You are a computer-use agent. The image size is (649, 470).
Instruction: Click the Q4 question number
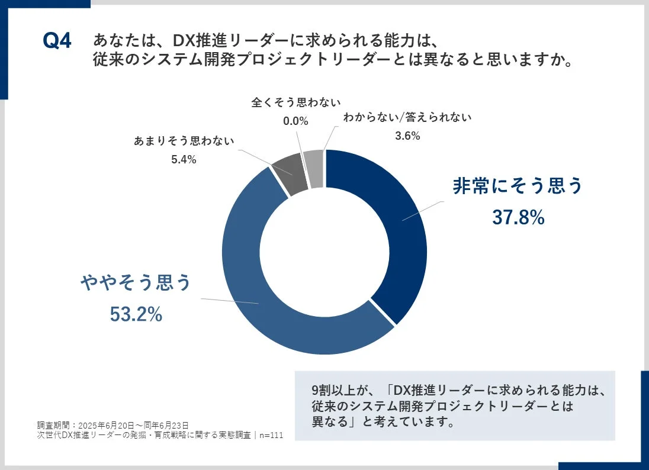57,42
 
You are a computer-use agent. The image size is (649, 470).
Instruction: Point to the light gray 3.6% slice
314,168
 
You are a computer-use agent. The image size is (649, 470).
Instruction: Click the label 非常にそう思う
518,186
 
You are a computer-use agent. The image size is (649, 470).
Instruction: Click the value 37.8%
518,218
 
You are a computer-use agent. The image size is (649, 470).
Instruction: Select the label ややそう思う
136,283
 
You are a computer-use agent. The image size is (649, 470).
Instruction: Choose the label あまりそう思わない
184,141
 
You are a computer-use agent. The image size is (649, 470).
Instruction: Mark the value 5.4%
184,159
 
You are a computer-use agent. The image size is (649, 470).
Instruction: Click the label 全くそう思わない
296,102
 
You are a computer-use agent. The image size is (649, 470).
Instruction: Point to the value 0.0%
296,121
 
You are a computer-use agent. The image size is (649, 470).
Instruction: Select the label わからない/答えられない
407,117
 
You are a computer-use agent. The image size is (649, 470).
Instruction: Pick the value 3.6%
407,136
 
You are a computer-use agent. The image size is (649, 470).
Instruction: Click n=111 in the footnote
271,436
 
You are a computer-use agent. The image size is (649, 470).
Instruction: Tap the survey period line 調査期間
113,425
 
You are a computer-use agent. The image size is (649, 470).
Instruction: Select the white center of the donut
324,252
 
